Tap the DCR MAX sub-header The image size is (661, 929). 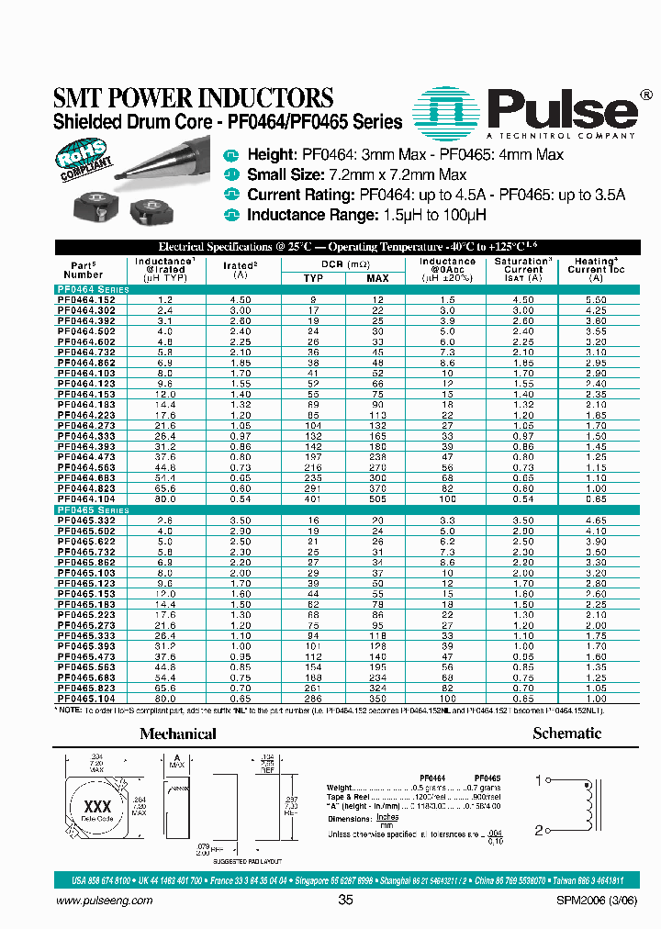coord(377,278)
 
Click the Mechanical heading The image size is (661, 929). coord(177,734)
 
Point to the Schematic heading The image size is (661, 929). coord(566,733)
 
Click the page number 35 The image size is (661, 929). coord(344,901)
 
